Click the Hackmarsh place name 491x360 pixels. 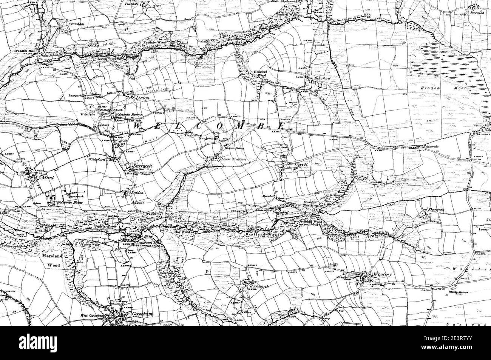(259, 286)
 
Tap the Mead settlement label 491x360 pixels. (38, 177)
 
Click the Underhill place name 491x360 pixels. (280, 212)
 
